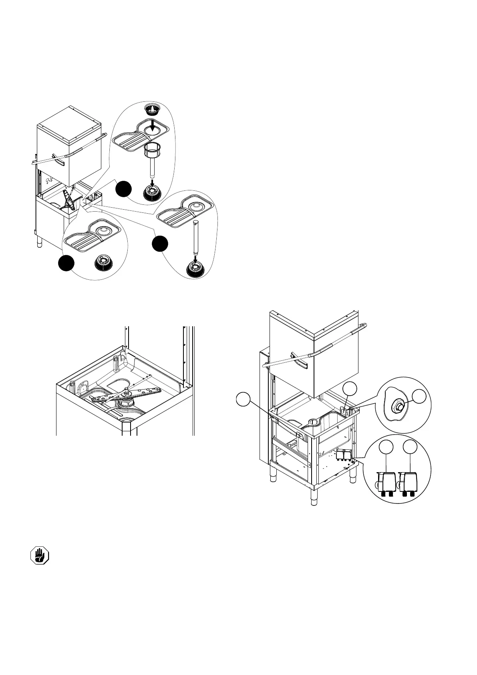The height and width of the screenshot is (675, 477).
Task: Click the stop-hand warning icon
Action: coord(40,556)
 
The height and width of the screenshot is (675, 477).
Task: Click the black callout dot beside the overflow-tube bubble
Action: coord(160,244)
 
